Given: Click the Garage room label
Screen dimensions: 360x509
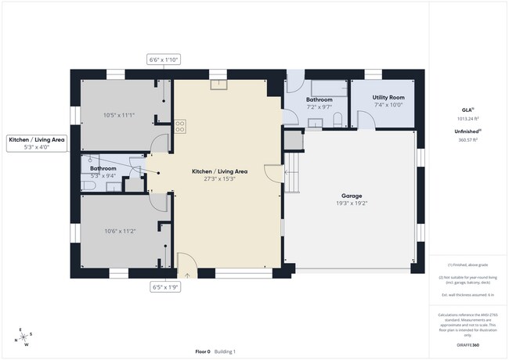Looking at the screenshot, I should tap(351, 195).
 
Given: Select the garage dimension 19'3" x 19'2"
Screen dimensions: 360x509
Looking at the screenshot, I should tap(351, 203).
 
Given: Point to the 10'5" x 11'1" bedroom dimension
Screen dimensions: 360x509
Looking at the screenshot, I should tap(119, 115).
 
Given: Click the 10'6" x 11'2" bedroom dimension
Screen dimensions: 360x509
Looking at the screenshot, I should tap(120, 231).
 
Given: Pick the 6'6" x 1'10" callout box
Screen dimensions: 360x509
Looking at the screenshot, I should tap(164, 59).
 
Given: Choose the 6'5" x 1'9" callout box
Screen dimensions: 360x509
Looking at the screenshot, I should tap(166, 287).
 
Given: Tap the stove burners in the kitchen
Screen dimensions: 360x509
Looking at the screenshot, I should tap(180, 124).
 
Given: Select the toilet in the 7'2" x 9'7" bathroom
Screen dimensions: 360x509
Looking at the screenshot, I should tap(337, 120).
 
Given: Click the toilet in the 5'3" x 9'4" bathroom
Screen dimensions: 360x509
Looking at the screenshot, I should tap(87, 185).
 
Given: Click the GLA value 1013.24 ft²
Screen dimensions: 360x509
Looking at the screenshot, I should tap(467, 119).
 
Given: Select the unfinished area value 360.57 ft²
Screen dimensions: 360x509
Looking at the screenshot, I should tap(467, 140).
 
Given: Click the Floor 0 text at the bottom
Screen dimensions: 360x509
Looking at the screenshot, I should tap(202, 352).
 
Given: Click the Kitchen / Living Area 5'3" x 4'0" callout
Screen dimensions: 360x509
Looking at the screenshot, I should tap(37, 142).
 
